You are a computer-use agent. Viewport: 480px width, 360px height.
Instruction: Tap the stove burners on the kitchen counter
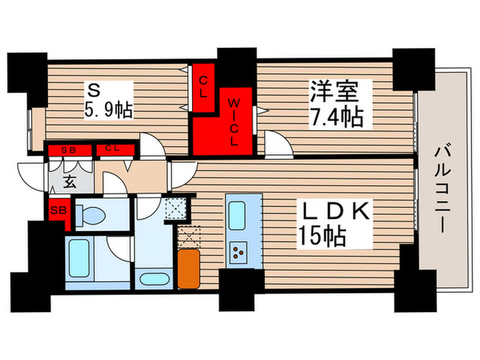tap(241, 253)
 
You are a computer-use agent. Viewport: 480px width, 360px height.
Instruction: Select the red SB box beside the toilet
tap(58, 210)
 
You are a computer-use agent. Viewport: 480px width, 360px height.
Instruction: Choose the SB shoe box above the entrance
tap(68, 149)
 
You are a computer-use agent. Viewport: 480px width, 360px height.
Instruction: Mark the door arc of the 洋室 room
tap(276, 145)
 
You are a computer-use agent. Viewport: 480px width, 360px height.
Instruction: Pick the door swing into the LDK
tap(180, 172)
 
